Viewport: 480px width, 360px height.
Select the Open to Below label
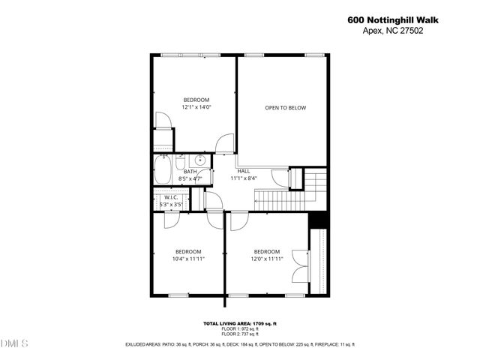[x=285, y=108]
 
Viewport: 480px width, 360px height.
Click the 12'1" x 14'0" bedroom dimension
[x=196, y=107]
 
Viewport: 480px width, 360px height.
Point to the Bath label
[x=190, y=172]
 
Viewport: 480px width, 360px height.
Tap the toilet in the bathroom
[x=181, y=163]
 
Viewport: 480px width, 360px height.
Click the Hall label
[x=244, y=171]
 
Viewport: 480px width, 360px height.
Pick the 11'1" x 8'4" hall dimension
[x=244, y=178]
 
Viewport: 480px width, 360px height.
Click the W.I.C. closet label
[x=171, y=197]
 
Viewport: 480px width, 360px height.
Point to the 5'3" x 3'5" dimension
[x=171, y=204]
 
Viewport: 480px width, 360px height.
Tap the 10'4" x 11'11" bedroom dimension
[x=188, y=259]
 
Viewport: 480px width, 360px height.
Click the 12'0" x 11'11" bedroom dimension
[x=266, y=259]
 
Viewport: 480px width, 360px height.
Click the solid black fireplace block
[x=318, y=219]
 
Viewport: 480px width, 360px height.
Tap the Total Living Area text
[x=240, y=323]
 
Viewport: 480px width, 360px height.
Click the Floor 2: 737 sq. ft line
[x=240, y=334]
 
